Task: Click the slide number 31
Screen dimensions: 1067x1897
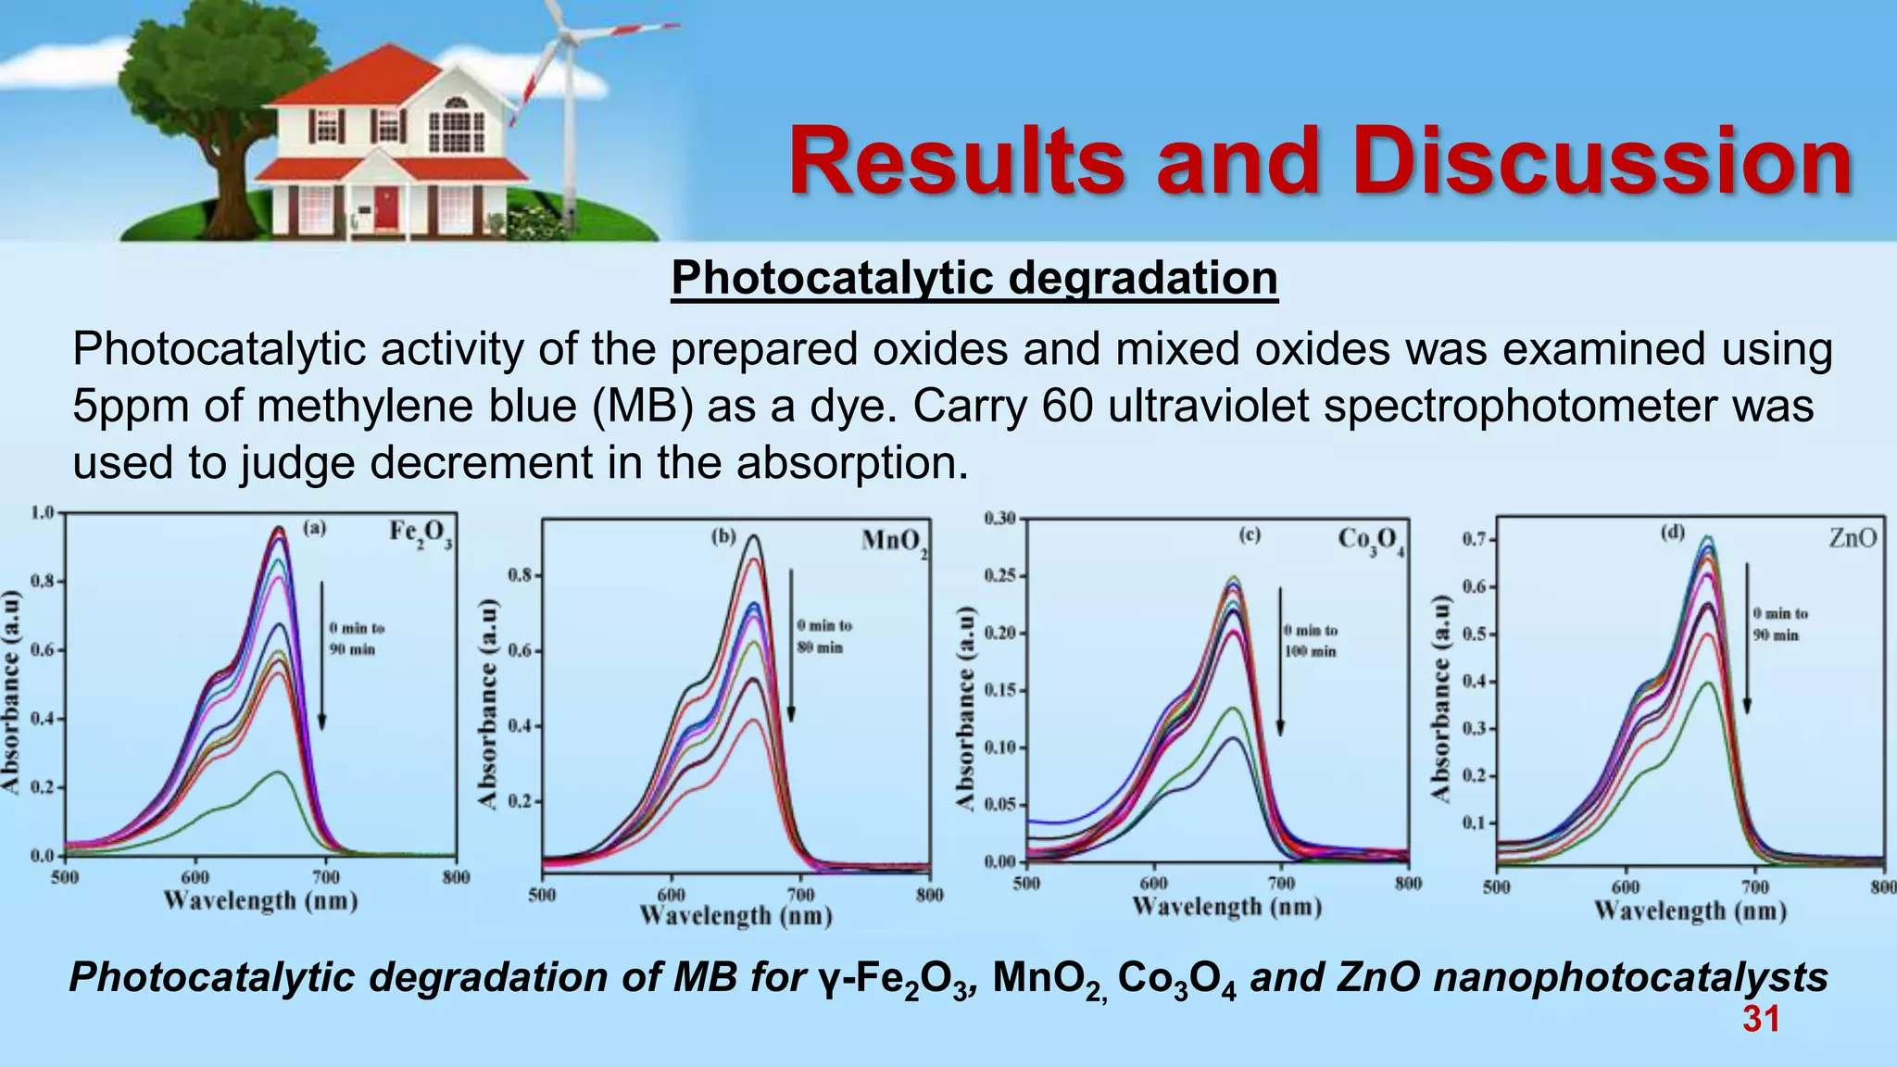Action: pos(1760,1019)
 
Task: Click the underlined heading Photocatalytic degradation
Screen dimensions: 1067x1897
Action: pos(974,278)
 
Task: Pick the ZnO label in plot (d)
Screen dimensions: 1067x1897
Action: pos(1853,538)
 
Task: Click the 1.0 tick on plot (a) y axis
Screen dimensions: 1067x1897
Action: pos(43,512)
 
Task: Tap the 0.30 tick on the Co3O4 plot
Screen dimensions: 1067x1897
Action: pos(999,518)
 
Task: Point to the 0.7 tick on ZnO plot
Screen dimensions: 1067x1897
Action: pos(1474,539)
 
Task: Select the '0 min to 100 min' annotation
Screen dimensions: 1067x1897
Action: pos(1311,641)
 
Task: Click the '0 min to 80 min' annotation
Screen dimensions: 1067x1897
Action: pos(823,636)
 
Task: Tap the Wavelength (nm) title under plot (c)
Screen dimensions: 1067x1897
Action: pos(1226,907)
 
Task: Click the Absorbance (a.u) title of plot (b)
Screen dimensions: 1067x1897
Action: pos(488,703)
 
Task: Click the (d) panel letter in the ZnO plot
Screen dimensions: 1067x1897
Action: pos(1672,533)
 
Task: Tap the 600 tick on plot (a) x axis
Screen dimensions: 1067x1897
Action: pos(195,877)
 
